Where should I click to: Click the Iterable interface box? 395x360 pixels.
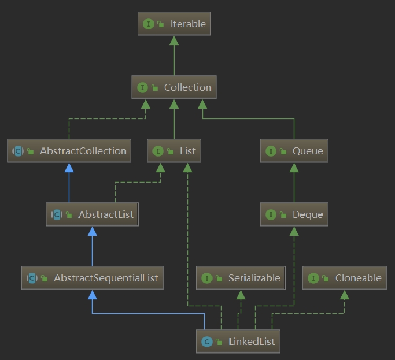pos(174,24)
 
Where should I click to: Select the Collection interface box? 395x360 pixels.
pos(174,87)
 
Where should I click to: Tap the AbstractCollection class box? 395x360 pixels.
pos(69,151)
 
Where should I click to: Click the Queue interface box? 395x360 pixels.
pos(294,151)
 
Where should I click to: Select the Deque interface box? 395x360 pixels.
pos(294,214)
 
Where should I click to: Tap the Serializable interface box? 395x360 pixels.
pos(241,278)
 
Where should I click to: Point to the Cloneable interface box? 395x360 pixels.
pos(344,278)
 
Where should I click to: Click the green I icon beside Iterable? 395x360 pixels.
pos(148,24)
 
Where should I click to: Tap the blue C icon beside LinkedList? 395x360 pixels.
pos(206,342)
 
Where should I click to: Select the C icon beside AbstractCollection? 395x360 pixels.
pos(17,151)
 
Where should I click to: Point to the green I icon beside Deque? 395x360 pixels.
pos(270,215)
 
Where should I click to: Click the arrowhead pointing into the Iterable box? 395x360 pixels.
pos(174,40)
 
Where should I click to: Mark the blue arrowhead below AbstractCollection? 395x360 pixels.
pos(69,168)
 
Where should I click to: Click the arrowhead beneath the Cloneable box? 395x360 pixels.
pos(344,295)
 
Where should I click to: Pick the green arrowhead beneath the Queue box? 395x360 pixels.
pos(294,168)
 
